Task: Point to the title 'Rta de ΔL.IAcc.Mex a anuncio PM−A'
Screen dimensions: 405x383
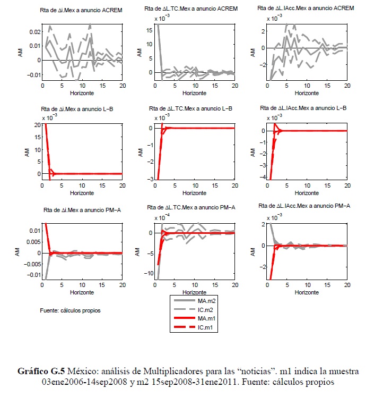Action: tap(302, 205)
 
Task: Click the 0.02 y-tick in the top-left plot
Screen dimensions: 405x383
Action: tap(34, 32)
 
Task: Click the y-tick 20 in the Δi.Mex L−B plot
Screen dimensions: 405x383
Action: tap(36, 125)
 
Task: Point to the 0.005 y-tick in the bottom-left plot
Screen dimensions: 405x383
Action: tap(31, 242)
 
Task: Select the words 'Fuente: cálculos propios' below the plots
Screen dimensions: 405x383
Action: tap(70, 310)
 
